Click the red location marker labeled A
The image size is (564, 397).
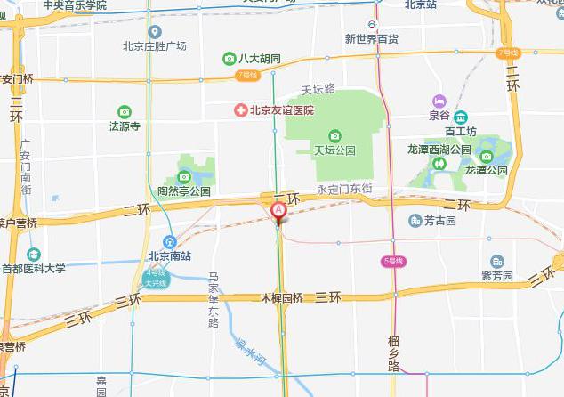click(x=278, y=210)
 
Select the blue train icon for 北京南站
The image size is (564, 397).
click(x=169, y=241)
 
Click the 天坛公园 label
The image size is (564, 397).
click(x=334, y=150)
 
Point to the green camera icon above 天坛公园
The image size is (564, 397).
click(x=334, y=135)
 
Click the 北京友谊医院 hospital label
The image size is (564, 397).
click(x=282, y=110)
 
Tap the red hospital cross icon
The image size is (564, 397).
click(x=240, y=110)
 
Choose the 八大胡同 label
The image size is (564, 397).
click(x=259, y=59)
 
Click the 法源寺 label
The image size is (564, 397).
click(x=125, y=126)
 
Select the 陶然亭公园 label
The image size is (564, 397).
click(x=184, y=190)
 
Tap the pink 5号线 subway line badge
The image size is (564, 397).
click(x=392, y=261)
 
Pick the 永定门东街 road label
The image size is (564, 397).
click(x=344, y=189)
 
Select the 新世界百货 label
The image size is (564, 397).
click(x=372, y=38)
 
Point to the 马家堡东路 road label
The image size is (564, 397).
click(x=214, y=301)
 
